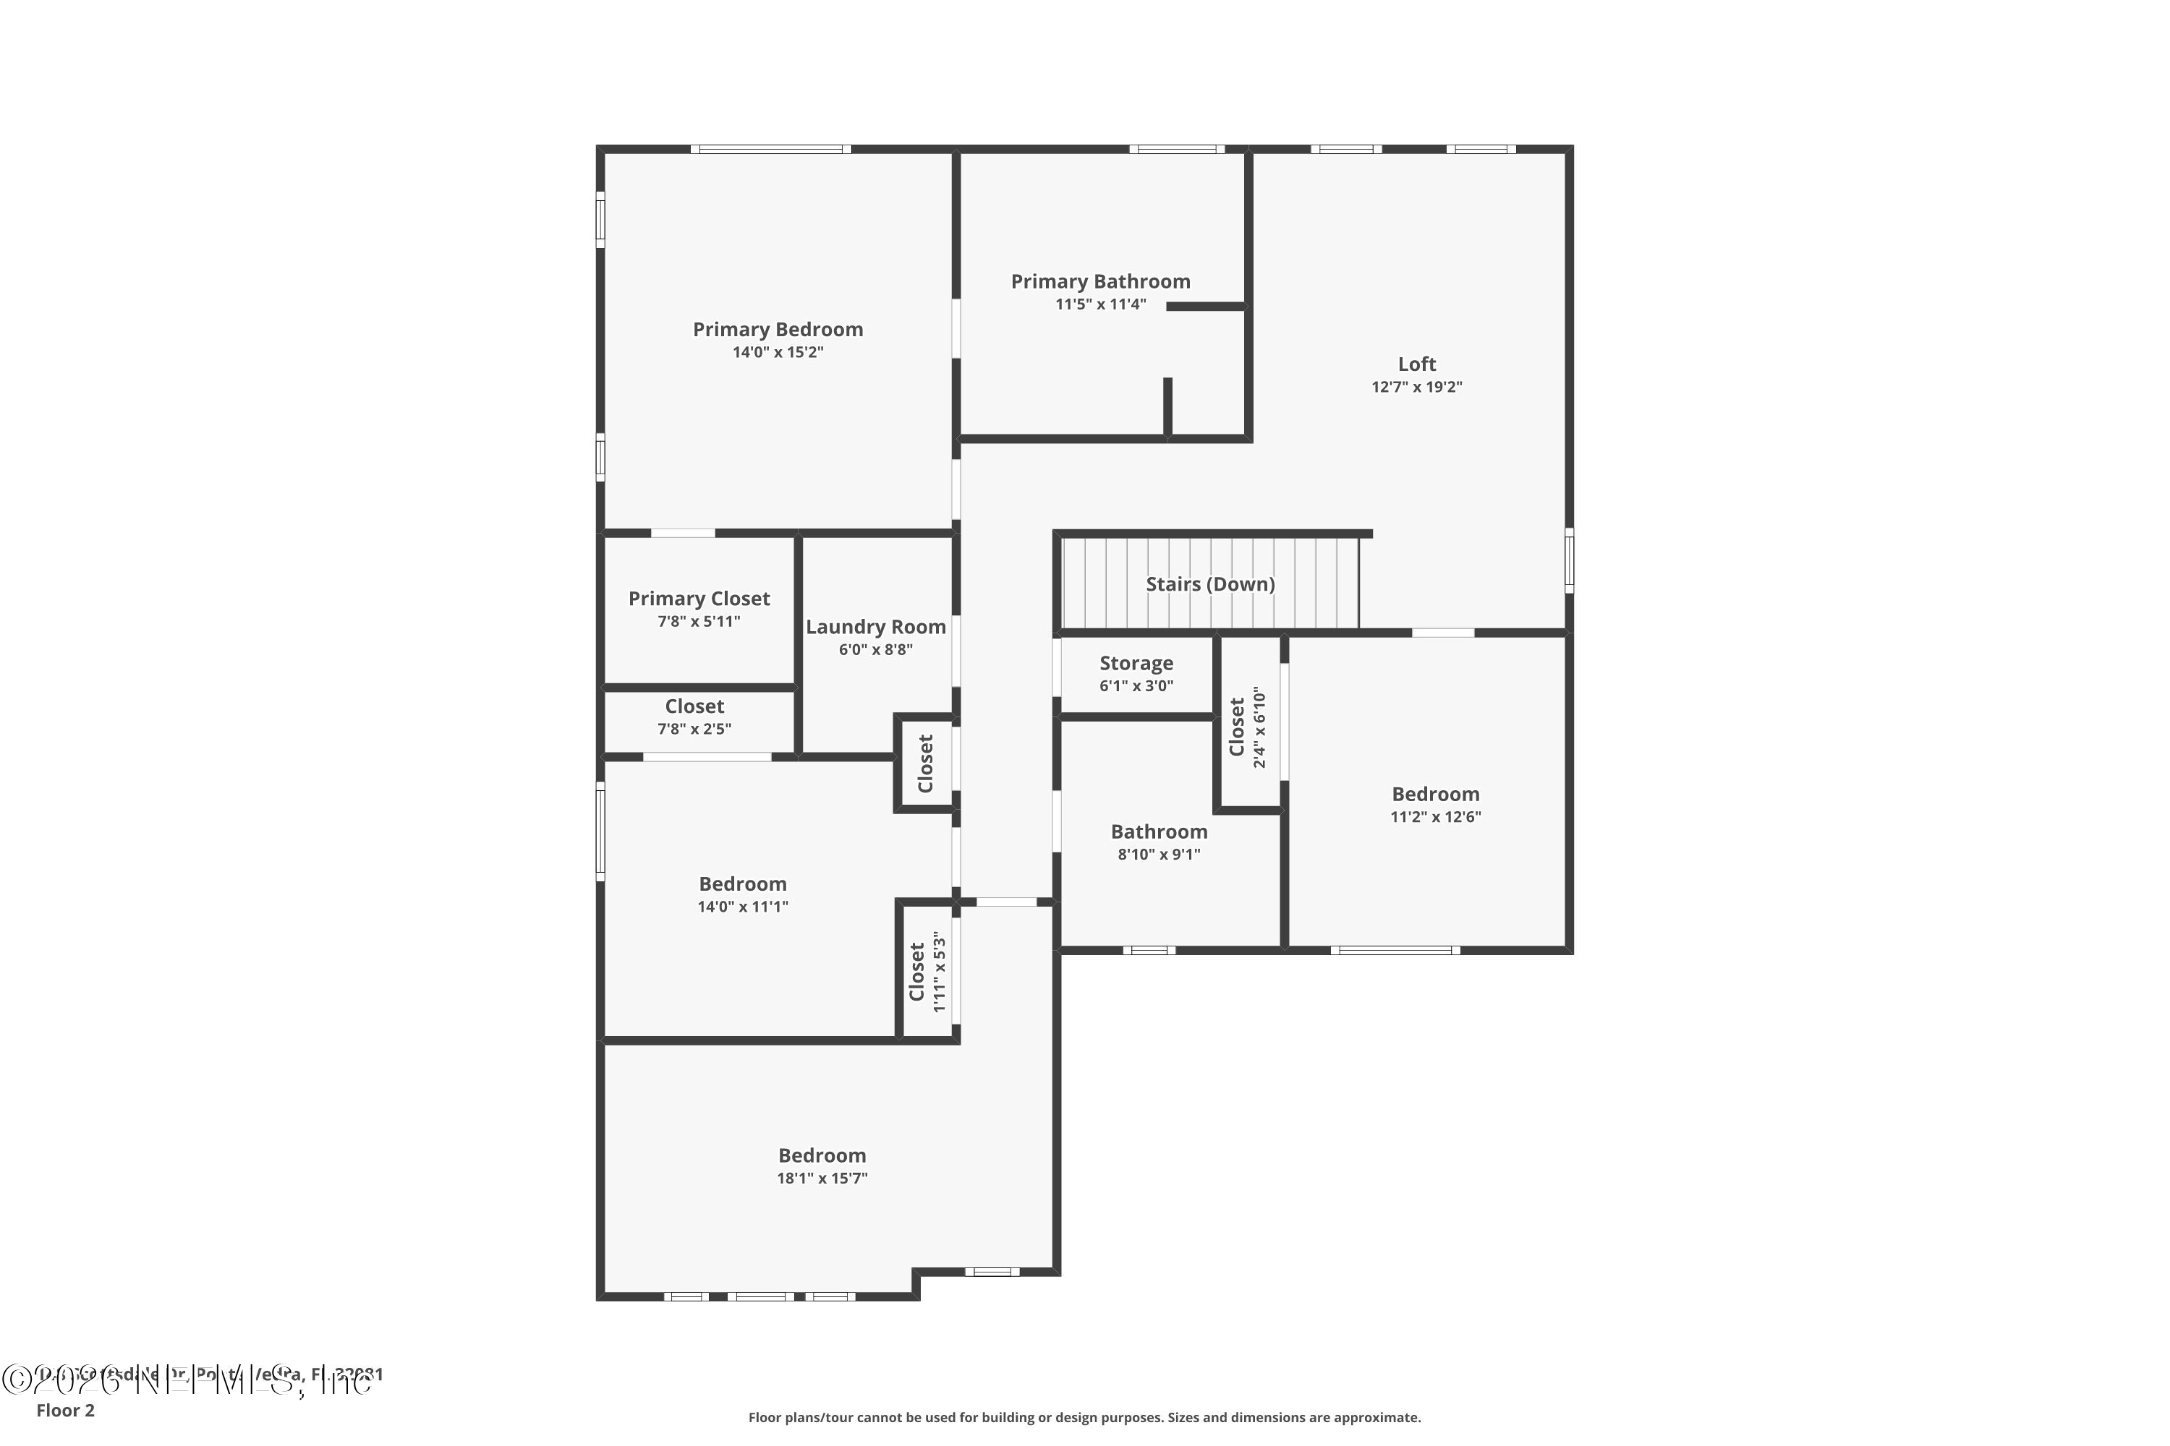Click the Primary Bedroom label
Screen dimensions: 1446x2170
pyautogui.click(x=778, y=329)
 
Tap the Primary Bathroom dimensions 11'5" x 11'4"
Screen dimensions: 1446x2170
pyautogui.click(x=1101, y=304)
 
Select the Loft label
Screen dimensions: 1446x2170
pyautogui.click(x=1416, y=364)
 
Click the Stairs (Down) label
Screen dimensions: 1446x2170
pyautogui.click(x=1209, y=583)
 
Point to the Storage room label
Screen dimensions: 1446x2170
pyautogui.click(x=1136, y=663)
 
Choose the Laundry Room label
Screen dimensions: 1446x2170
pyautogui.click(x=875, y=627)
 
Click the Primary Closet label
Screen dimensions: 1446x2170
pyautogui.click(x=699, y=599)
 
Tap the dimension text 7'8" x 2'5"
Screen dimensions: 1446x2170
pyautogui.click(x=694, y=730)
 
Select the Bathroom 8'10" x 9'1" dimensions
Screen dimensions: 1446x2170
pyautogui.click(x=1159, y=855)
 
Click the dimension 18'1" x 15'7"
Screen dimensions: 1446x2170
pyautogui.click(x=822, y=1178)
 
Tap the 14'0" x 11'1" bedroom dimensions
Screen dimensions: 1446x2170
pyautogui.click(x=743, y=907)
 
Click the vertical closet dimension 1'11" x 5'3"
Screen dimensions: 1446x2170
pyautogui.click(x=939, y=971)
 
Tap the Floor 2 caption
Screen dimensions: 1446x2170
pyautogui.click(x=66, y=1410)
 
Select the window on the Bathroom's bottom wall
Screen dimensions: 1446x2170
pyautogui.click(x=1149, y=950)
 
